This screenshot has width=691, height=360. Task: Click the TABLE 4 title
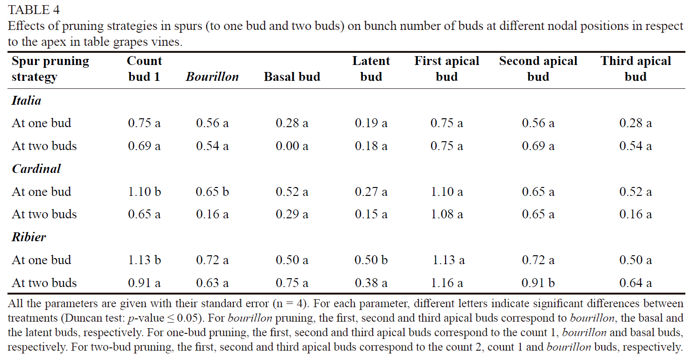(x=34, y=9)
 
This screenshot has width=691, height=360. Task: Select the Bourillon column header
(x=212, y=77)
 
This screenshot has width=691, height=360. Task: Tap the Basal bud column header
(x=292, y=77)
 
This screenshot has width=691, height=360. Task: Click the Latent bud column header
(x=371, y=69)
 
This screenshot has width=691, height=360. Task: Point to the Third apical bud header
(x=635, y=69)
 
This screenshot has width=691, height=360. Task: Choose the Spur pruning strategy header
(x=50, y=69)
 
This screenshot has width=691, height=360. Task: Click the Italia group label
(x=26, y=101)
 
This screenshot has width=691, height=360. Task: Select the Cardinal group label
(x=36, y=169)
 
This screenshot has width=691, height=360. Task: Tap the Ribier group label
(x=29, y=237)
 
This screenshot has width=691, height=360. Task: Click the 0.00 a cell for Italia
(x=292, y=146)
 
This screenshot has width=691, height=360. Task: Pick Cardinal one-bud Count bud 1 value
(x=144, y=192)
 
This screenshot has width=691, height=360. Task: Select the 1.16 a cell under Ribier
(x=446, y=283)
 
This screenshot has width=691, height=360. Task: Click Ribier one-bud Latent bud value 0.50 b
(x=371, y=260)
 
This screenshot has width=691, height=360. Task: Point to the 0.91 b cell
(x=538, y=283)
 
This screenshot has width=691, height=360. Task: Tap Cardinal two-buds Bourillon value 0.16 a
(x=212, y=214)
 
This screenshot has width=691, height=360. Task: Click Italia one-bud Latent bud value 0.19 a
(x=371, y=123)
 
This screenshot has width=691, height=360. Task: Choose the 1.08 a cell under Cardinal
(x=446, y=214)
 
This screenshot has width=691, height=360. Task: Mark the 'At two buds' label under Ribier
(x=44, y=283)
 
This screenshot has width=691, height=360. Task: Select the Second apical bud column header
(x=538, y=69)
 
